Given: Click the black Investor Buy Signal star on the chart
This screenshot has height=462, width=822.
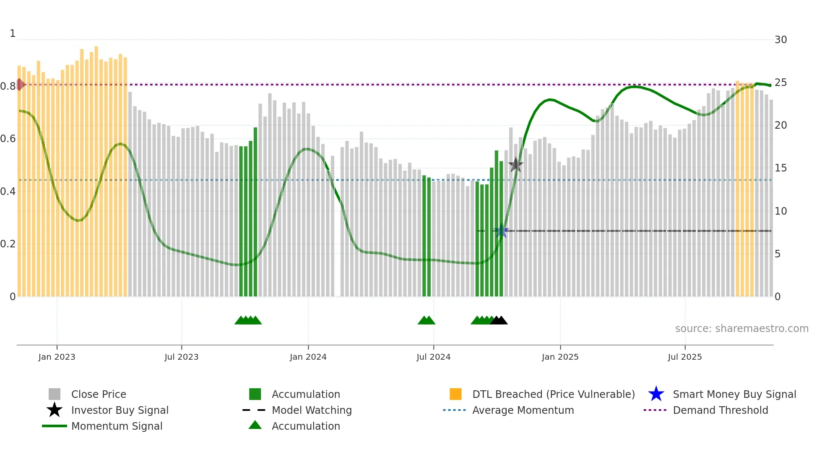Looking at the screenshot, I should pos(515,165).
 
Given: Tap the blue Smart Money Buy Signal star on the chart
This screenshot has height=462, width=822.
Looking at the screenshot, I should pos(501,231).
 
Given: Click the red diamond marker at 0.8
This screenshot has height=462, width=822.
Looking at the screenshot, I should pos(20,85).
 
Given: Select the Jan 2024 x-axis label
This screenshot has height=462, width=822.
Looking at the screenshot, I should pos(308,357).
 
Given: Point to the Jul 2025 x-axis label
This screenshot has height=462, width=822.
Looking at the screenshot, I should pos(684,357).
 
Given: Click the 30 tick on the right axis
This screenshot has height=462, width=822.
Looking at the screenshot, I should pos(780,40).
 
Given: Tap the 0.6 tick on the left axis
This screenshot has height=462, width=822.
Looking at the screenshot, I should pos(8,139).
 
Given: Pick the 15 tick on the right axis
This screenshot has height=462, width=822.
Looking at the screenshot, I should pos(780,168).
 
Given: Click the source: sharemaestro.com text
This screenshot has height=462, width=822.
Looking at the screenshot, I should pos(741,329).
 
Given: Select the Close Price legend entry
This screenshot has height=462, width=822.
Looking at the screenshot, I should pos(99,395).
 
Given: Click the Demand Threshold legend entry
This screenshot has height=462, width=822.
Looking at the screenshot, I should pos(720,410).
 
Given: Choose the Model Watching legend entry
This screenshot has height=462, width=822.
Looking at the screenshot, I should pos(311,410).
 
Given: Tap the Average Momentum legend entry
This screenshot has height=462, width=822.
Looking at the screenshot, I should pos(523,410).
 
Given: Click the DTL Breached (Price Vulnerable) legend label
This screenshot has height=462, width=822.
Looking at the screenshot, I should pos(553,395).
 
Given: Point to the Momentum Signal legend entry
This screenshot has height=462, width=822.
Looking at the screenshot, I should pos(117,426).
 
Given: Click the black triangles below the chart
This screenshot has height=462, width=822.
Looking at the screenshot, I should pos(499,321).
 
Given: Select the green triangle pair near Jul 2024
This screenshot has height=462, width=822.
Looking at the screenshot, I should pos(427,321).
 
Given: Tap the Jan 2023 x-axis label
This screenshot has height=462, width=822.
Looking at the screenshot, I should pos(57,357).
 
